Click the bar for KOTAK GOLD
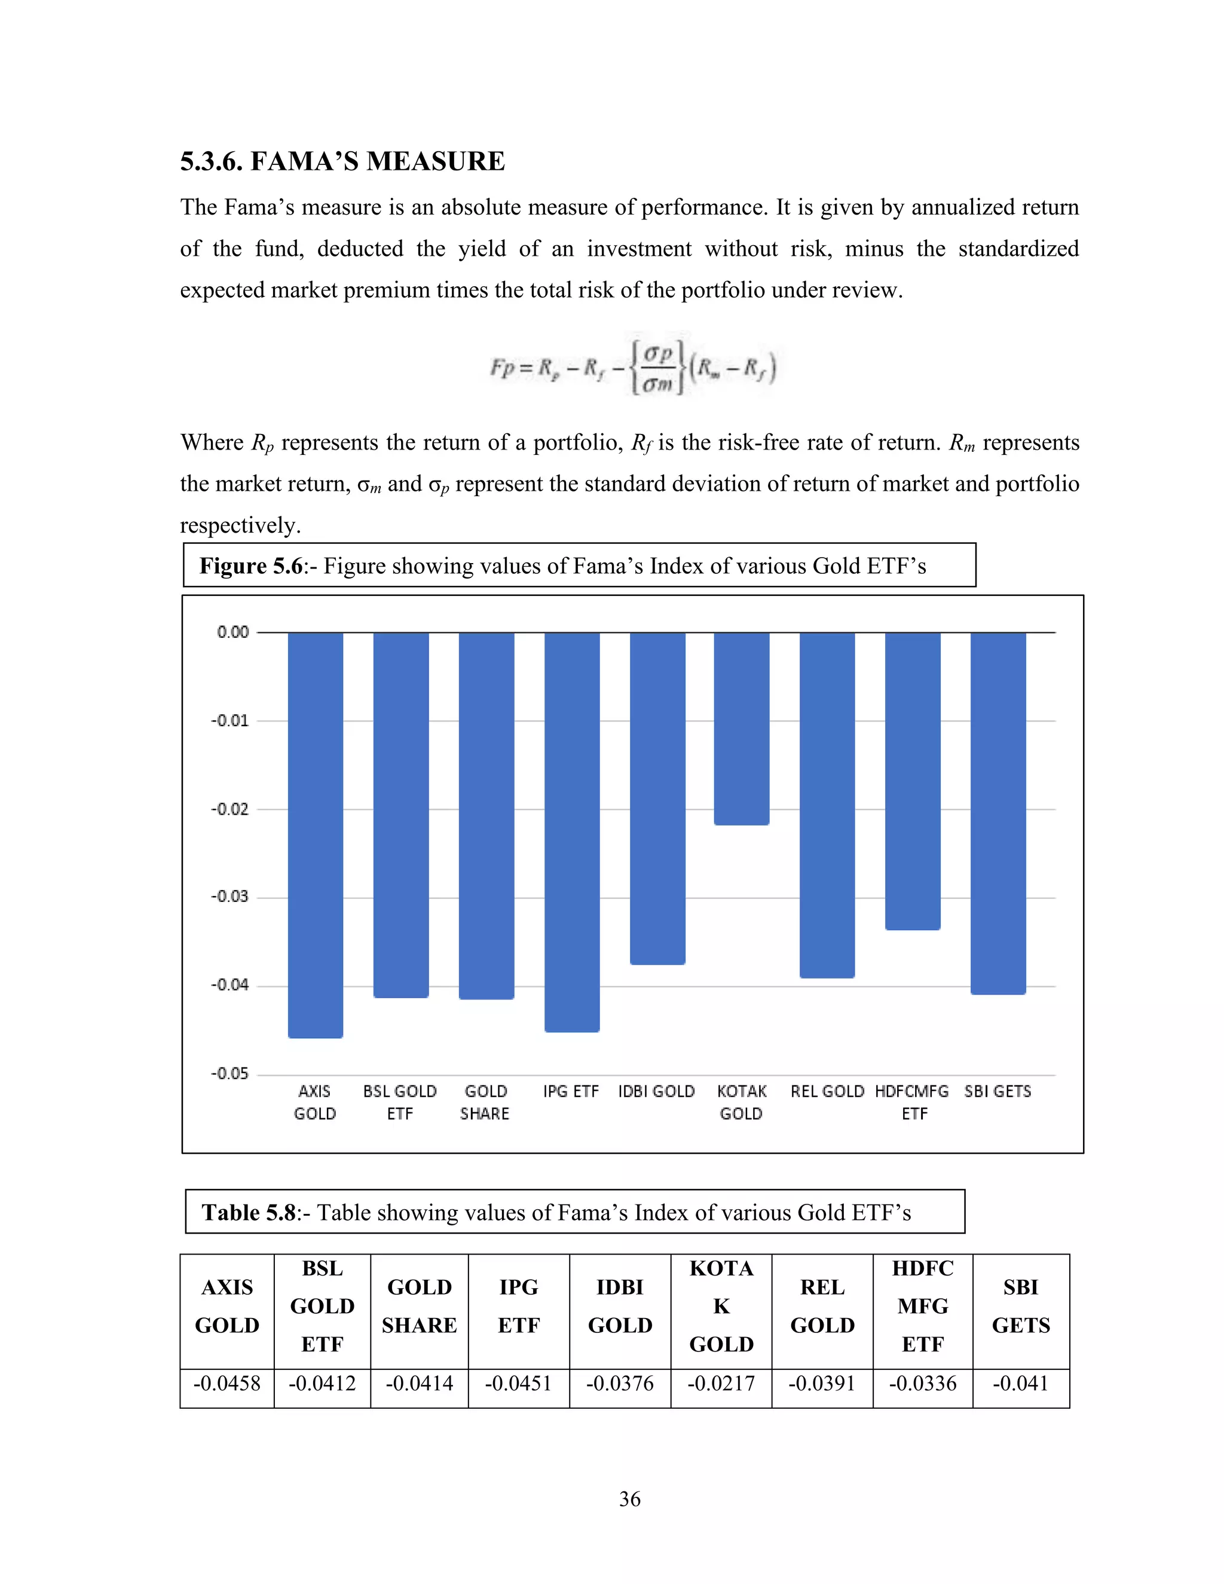click(x=741, y=728)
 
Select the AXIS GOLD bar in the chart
click(x=316, y=834)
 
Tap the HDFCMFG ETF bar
click(x=912, y=781)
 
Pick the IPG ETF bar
click(x=572, y=831)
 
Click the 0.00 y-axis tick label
click(x=232, y=632)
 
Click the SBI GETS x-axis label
click(x=997, y=1091)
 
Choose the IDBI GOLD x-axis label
click(x=656, y=1091)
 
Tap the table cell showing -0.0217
click(x=721, y=1383)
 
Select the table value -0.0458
click(x=227, y=1383)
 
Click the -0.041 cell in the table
click(x=1020, y=1383)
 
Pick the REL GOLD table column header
click(x=822, y=1306)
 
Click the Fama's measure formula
click(x=632, y=366)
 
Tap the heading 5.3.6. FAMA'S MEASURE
click(x=342, y=161)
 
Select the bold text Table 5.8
click(x=249, y=1213)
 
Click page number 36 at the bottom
click(x=629, y=1499)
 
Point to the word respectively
click(x=240, y=525)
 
